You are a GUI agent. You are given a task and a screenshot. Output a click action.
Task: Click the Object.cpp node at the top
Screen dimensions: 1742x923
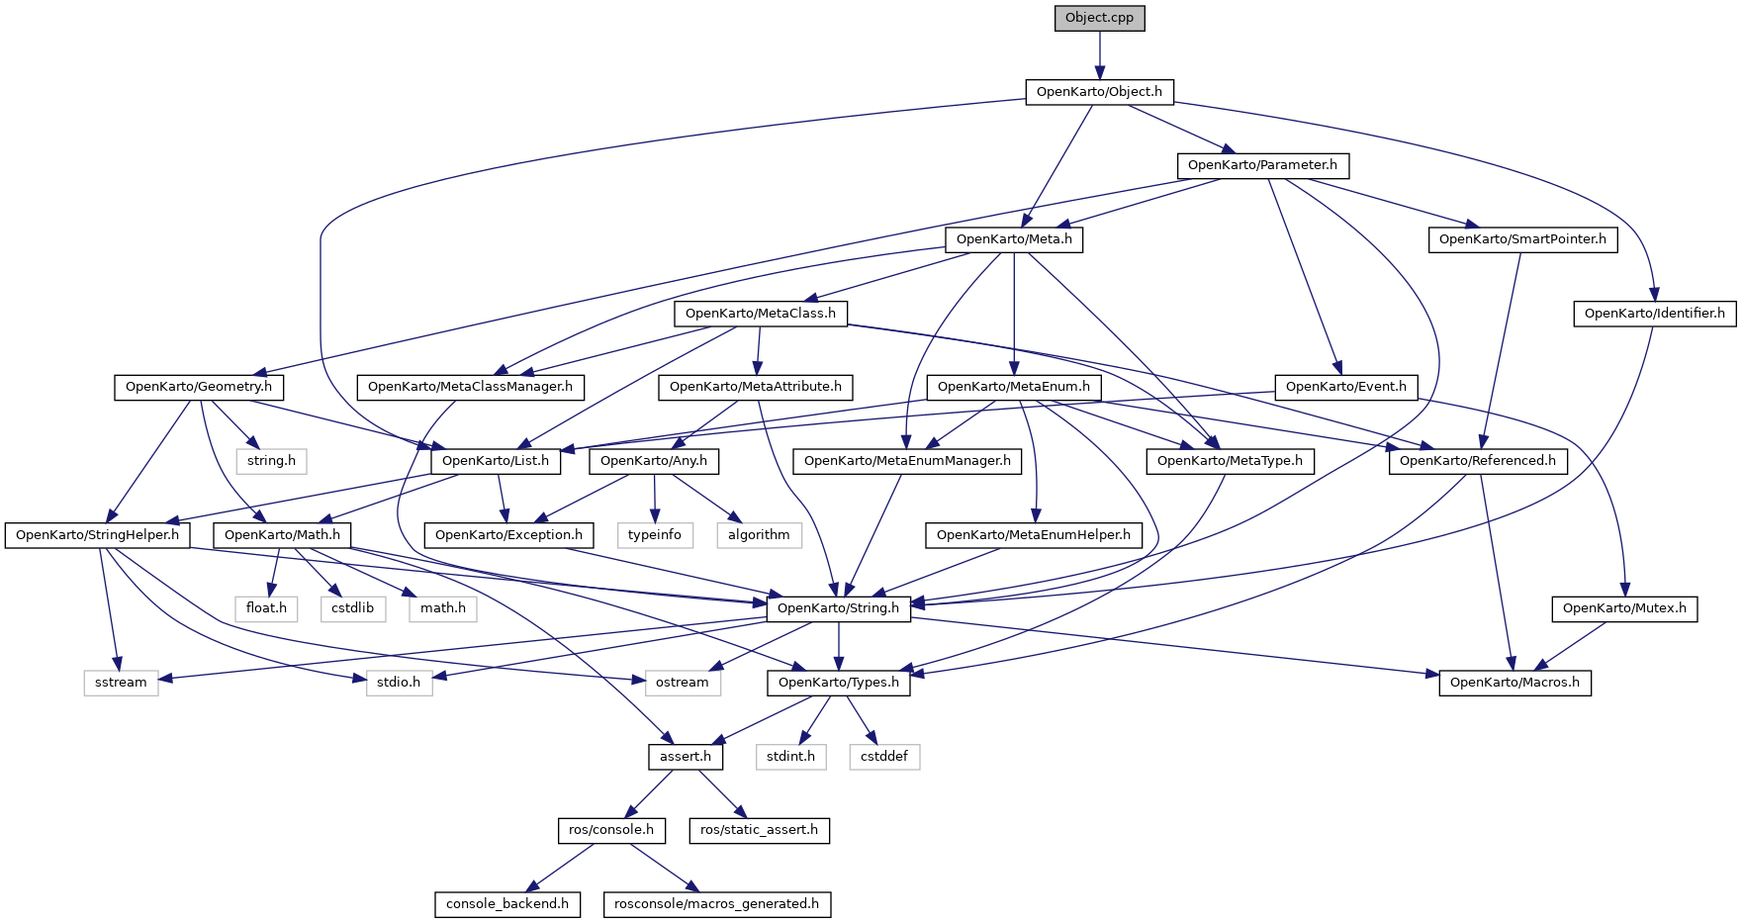coord(1099,18)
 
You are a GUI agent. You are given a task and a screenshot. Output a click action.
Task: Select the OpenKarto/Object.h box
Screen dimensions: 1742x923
coord(1099,92)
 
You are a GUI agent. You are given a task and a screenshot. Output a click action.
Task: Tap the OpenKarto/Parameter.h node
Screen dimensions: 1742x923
coord(1262,165)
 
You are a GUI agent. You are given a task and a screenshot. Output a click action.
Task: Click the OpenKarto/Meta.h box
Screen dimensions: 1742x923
coord(1014,239)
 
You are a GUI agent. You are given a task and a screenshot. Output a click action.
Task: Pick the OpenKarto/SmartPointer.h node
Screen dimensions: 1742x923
coord(1522,239)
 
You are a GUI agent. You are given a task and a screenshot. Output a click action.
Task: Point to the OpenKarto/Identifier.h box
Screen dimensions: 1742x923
coord(1654,314)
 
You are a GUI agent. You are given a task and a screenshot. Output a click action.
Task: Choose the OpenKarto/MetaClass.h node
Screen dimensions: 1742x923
coord(760,314)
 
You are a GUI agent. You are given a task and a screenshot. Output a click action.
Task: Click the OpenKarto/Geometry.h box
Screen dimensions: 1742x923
coord(199,387)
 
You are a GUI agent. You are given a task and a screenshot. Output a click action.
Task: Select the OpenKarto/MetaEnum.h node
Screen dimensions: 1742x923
coord(1013,387)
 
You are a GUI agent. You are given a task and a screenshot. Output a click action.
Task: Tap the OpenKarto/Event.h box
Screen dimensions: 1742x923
coord(1345,387)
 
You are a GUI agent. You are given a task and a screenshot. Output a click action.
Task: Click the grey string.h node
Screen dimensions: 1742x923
coord(271,461)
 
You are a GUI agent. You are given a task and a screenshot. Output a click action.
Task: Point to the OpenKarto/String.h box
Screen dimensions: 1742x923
coord(838,608)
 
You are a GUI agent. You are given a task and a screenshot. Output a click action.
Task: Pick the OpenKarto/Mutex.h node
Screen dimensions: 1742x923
coord(1624,608)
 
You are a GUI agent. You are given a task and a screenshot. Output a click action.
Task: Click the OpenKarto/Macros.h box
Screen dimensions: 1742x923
coord(1514,683)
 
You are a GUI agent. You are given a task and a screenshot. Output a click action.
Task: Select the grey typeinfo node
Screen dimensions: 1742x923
coord(655,535)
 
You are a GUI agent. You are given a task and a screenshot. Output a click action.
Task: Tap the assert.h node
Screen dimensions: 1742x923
coord(686,757)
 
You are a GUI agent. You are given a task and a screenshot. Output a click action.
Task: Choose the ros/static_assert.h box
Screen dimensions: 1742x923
coord(759,830)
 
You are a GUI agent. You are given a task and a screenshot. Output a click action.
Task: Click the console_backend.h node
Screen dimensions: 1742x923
coord(507,904)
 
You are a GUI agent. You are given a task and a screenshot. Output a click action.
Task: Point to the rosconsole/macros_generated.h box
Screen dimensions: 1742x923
coord(716,904)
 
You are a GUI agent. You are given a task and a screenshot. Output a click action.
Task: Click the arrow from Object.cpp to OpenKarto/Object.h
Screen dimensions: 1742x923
coord(1099,55)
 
